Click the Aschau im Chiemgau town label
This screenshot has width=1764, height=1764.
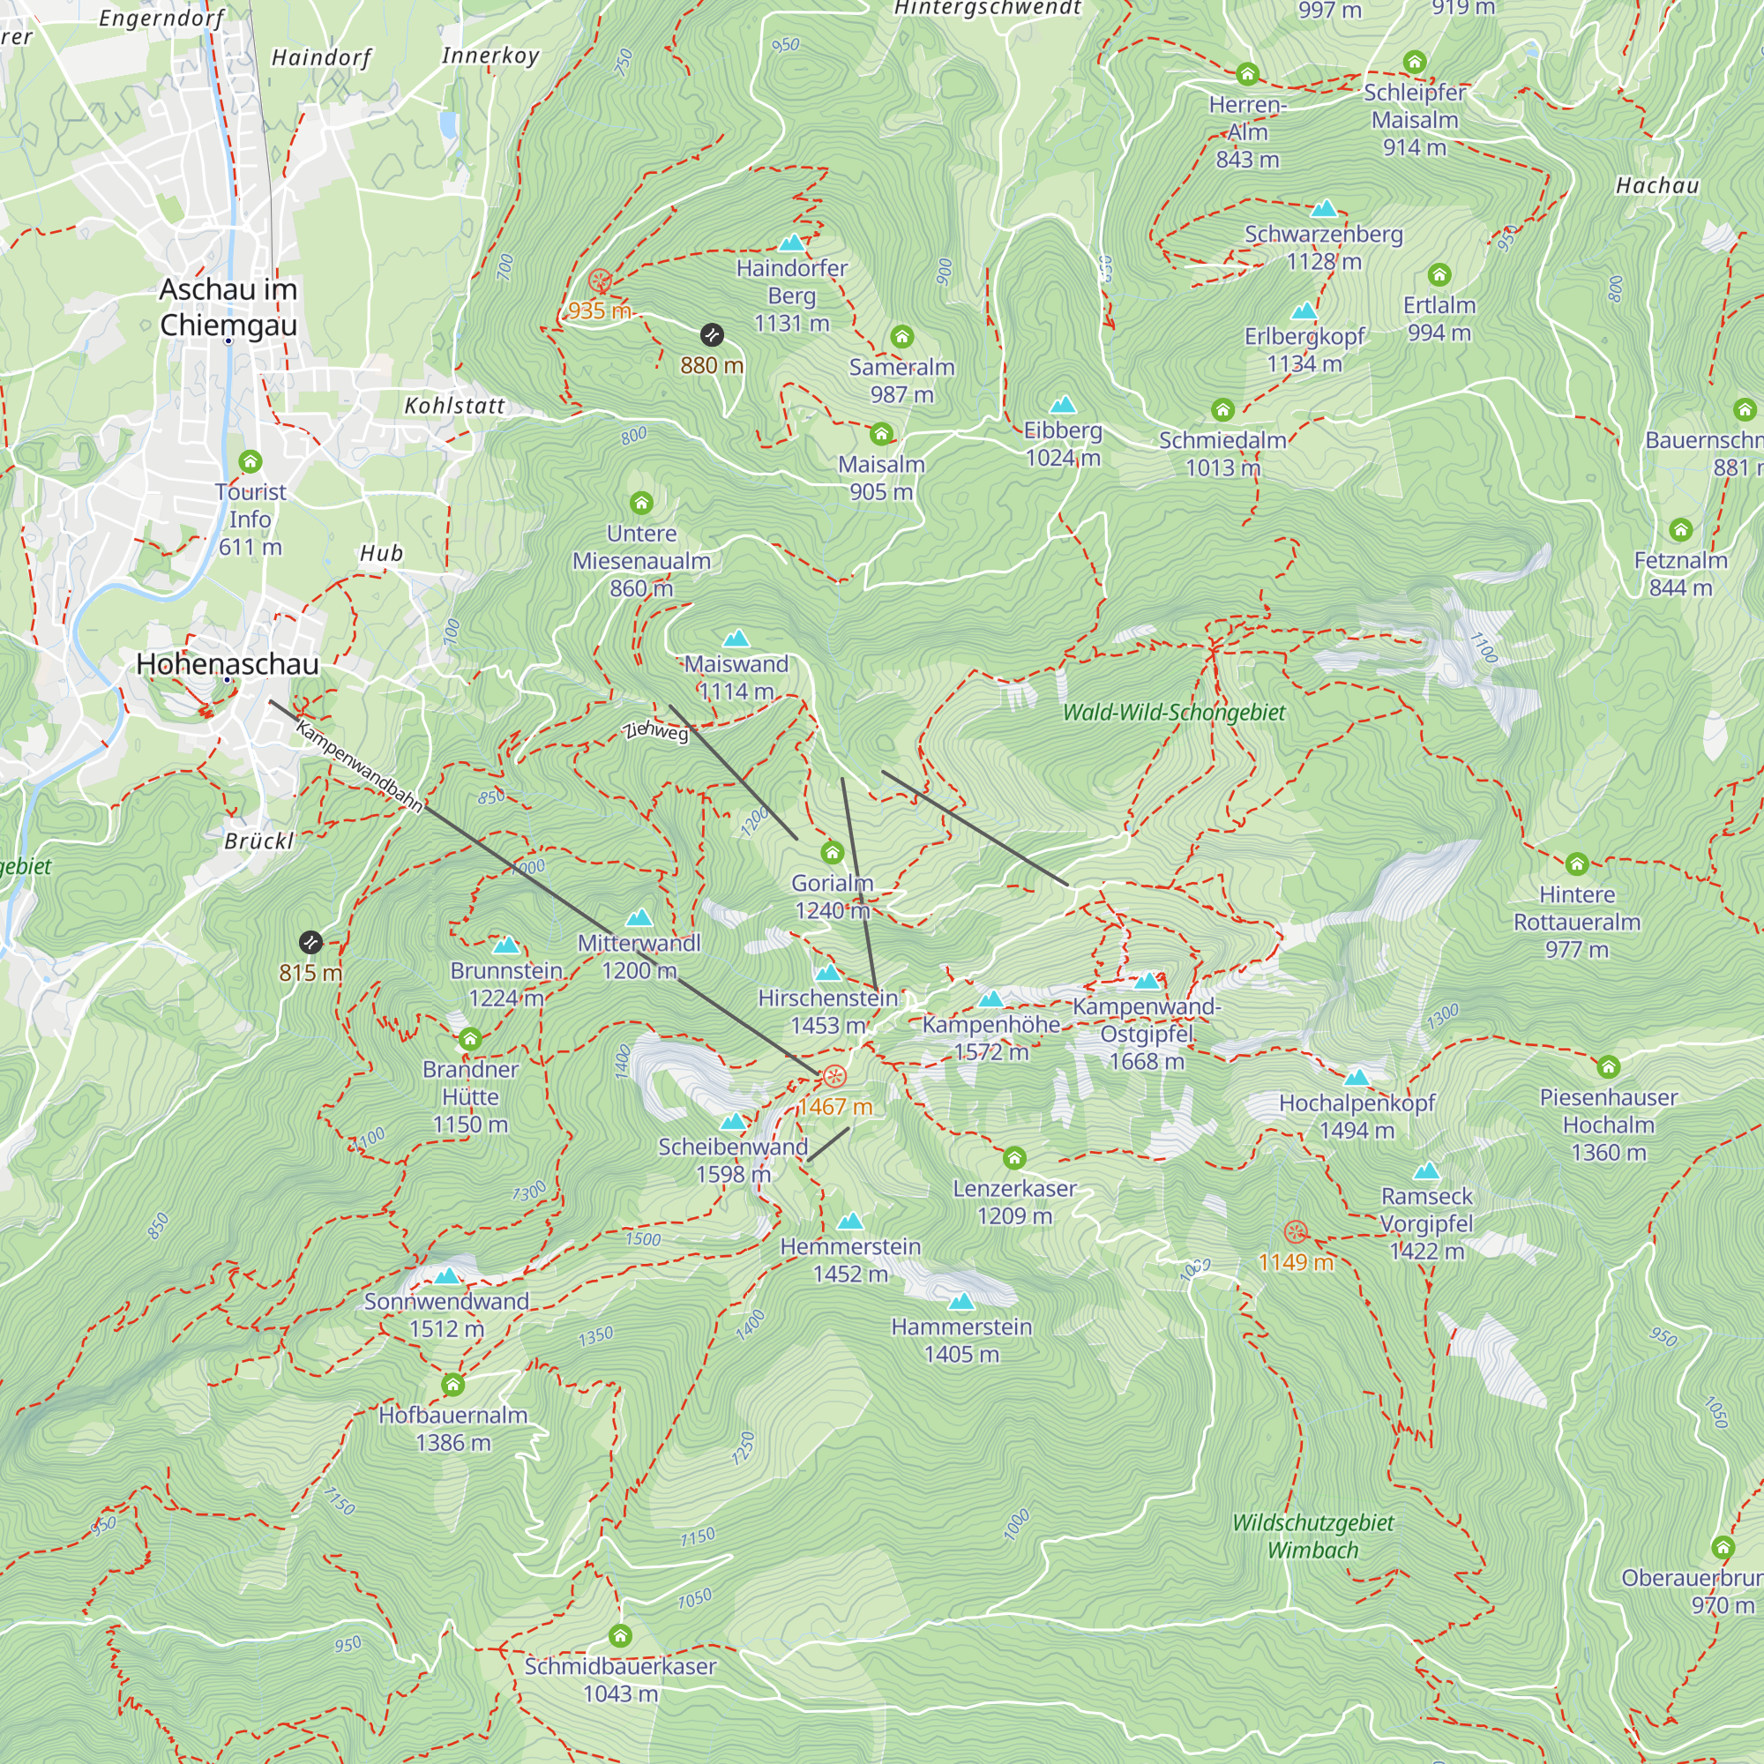[x=228, y=307]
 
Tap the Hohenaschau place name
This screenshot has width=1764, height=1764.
[x=228, y=664]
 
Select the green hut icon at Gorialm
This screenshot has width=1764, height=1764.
[x=832, y=853]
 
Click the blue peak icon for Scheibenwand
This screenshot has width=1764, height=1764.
[x=733, y=1121]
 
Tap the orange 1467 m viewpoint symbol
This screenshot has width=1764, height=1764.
[x=834, y=1076]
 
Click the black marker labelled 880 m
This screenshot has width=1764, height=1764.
[x=711, y=335]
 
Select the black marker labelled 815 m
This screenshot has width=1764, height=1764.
[x=310, y=941]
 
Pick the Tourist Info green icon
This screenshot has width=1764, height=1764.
[x=250, y=461]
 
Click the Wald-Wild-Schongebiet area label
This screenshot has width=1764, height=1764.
[x=1173, y=712]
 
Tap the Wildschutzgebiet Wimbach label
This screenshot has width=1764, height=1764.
[x=1312, y=1536]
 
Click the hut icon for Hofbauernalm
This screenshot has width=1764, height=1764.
[x=452, y=1385]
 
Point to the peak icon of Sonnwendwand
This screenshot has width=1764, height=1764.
[x=446, y=1275]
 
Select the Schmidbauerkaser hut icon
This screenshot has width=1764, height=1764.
[x=620, y=1635]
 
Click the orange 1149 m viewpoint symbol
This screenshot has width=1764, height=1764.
[x=1295, y=1231]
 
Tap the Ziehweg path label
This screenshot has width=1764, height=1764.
[x=655, y=730]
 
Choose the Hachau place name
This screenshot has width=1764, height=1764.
[x=1657, y=185]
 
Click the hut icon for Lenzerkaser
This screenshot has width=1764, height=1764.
[x=1014, y=1159]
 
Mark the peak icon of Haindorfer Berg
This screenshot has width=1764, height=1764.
[x=792, y=243]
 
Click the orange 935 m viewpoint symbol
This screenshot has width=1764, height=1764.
[x=600, y=280]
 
